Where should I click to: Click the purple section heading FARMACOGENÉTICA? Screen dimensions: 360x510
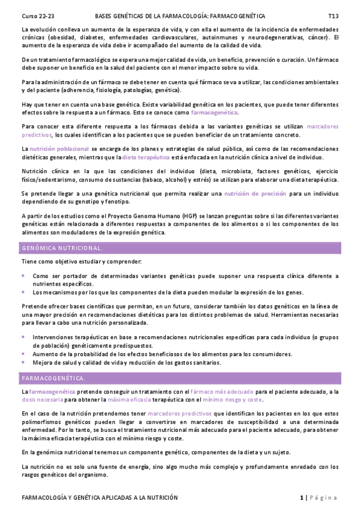point(53,378)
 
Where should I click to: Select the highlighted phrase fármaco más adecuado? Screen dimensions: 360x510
point(223,392)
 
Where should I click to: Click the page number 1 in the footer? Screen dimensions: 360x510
point(301,497)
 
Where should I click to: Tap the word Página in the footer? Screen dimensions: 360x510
point(324,497)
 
